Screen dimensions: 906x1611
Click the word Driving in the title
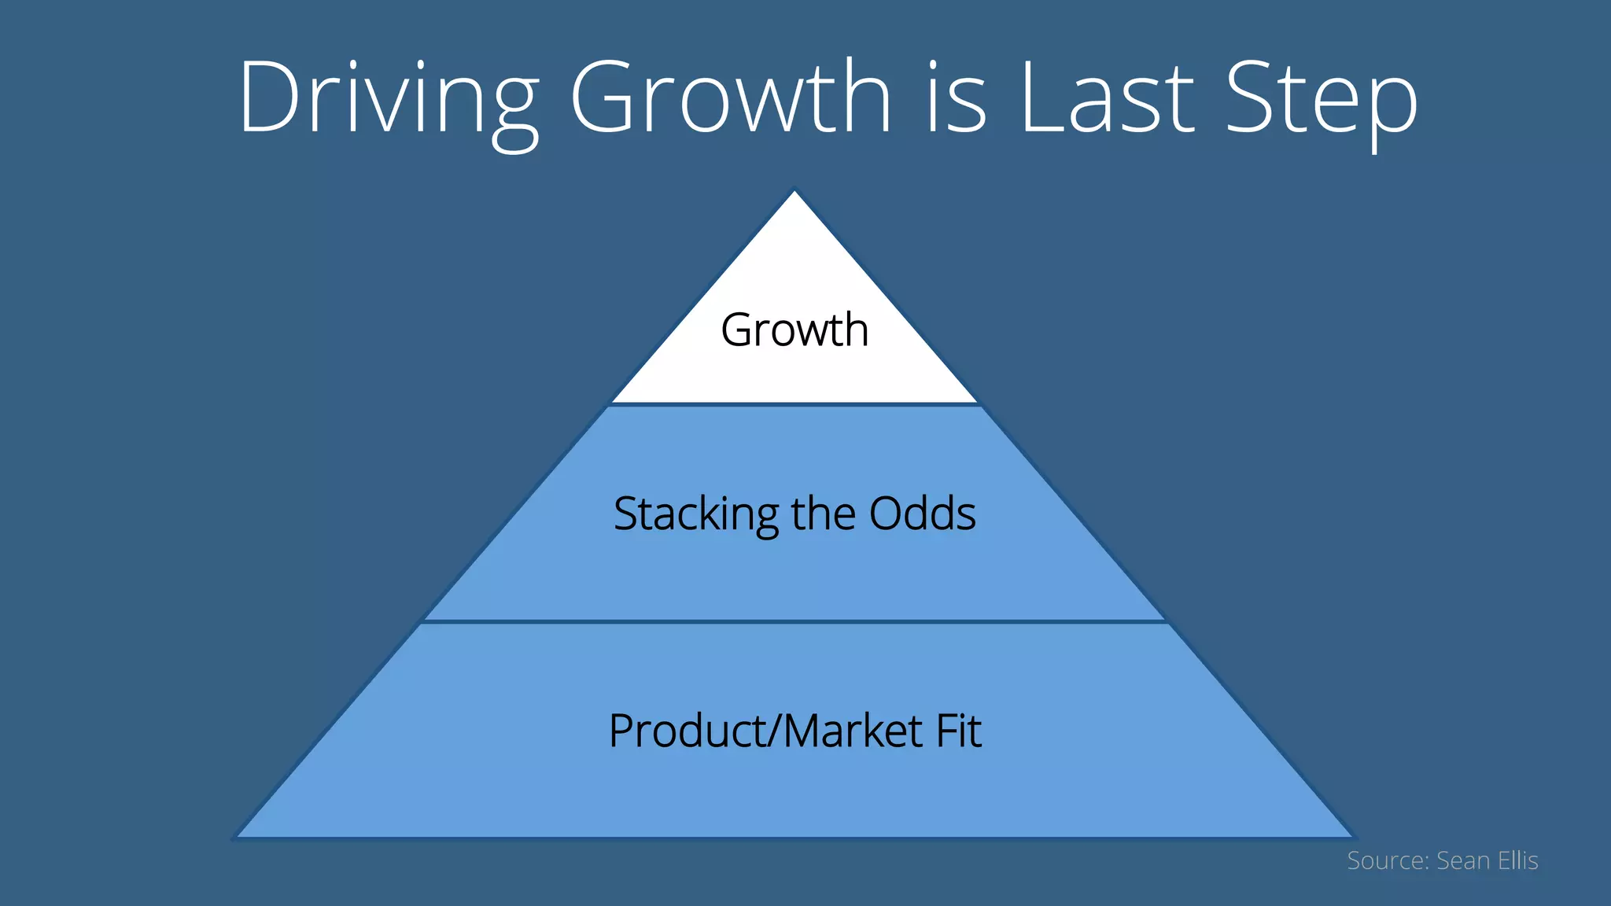click(x=387, y=98)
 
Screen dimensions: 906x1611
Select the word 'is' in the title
click(x=955, y=98)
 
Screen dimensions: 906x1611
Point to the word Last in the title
click(x=1106, y=98)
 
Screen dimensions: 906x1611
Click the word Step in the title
click(x=1321, y=98)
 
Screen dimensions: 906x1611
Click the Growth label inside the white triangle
click(x=794, y=330)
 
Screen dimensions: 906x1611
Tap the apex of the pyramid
click(x=794, y=192)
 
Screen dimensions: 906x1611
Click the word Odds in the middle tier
click(x=922, y=514)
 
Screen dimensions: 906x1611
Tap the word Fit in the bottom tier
click(x=958, y=731)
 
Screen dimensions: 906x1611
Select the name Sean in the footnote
click(x=1463, y=860)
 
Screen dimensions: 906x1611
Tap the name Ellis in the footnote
click(x=1518, y=860)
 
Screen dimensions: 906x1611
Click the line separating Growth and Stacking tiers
click(x=794, y=404)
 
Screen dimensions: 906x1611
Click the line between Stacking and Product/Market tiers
click(x=794, y=621)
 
